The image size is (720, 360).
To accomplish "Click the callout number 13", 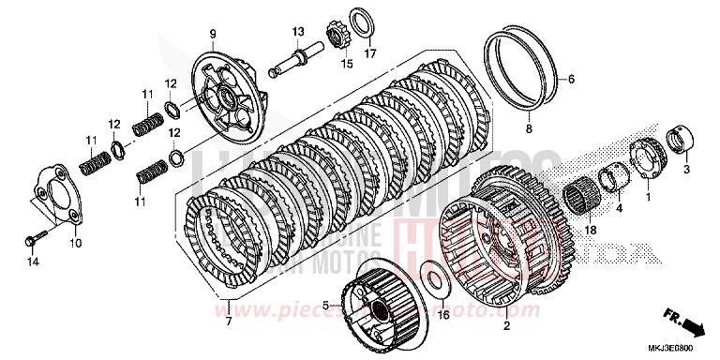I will pos(297,32).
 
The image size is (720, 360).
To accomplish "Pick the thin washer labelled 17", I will pos(359,21).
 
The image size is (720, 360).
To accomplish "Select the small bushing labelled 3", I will pos(682,144).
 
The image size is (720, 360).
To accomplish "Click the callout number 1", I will pos(647,198).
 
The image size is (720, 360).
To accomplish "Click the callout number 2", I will pos(507,326).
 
